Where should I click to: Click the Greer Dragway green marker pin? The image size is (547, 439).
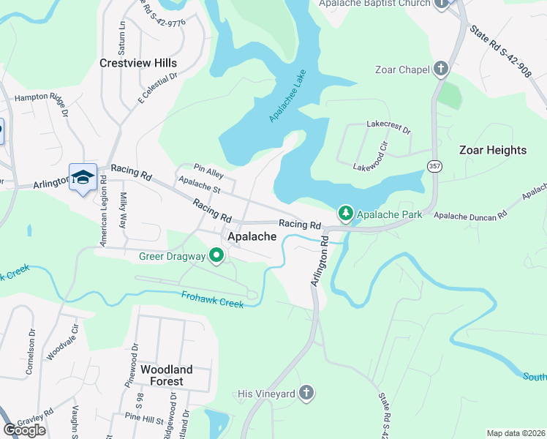216,256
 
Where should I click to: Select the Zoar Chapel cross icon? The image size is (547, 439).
440,70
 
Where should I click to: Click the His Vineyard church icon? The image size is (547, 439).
308,394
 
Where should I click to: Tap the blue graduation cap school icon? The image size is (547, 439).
83,177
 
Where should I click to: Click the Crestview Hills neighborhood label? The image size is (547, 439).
138,64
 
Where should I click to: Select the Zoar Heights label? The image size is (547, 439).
492,150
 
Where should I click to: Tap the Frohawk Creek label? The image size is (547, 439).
212,299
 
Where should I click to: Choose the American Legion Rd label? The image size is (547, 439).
104,209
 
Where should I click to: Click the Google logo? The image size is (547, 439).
25,430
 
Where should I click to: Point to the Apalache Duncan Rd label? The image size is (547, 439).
470,216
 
